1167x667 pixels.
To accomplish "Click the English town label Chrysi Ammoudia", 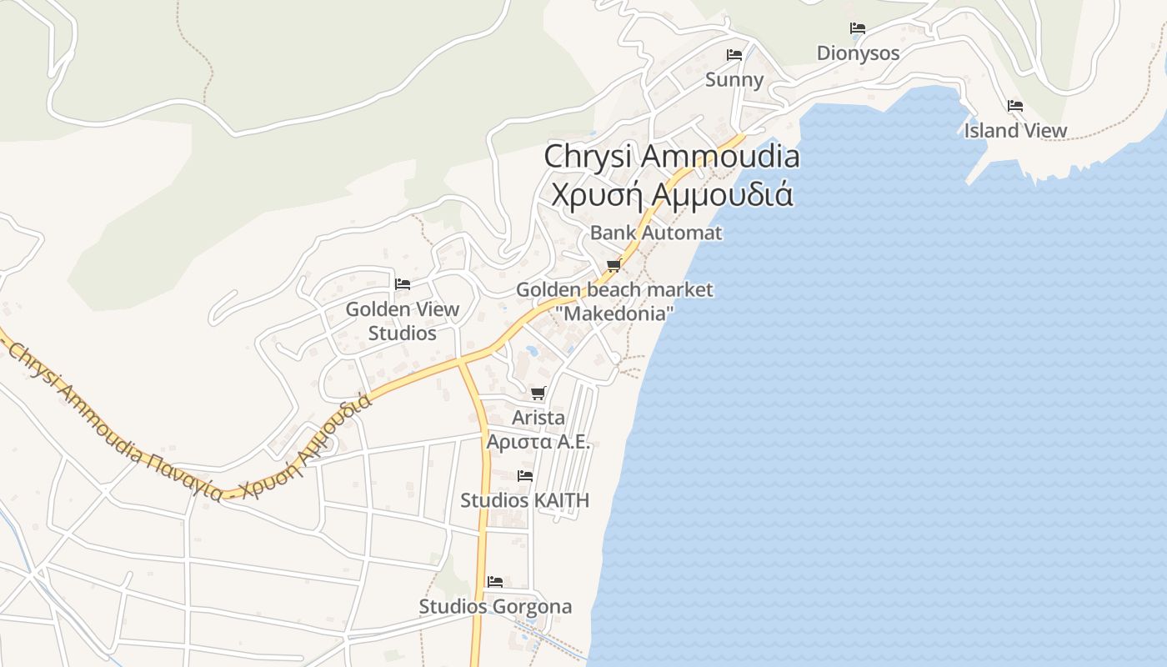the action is pyautogui.click(x=671, y=156).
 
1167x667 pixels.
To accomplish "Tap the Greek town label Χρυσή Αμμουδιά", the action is pyautogui.click(x=671, y=193).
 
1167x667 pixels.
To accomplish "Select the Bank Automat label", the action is pyautogui.click(x=656, y=233).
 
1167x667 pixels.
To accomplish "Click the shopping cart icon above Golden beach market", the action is pyautogui.click(x=614, y=266).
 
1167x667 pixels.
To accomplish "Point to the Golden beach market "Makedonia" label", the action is pyautogui.click(x=614, y=302).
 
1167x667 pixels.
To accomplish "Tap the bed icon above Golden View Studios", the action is pyautogui.click(x=403, y=284).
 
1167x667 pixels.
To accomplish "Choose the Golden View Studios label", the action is pyautogui.click(x=403, y=321).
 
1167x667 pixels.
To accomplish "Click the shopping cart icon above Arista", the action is pyautogui.click(x=538, y=393).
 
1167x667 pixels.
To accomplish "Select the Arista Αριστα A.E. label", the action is pyautogui.click(x=538, y=429).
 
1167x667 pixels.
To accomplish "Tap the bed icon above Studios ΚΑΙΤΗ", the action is pyautogui.click(x=525, y=476).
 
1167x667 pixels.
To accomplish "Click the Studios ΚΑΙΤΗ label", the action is pyautogui.click(x=525, y=500).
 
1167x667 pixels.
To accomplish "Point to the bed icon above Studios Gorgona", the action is pyautogui.click(x=495, y=581).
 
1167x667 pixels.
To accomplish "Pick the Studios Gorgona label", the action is pyautogui.click(x=495, y=606).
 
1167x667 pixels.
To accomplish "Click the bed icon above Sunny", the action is pyautogui.click(x=734, y=55).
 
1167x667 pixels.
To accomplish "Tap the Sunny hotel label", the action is pyautogui.click(x=734, y=79).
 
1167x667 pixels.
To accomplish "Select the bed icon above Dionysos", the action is pyautogui.click(x=858, y=28).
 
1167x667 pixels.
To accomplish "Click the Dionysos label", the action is pyautogui.click(x=858, y=53).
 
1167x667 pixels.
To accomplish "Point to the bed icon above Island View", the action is pyautogui.click(x=1015, y=106).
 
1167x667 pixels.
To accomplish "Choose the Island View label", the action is pyautogui.click(x=1015, y=131).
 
